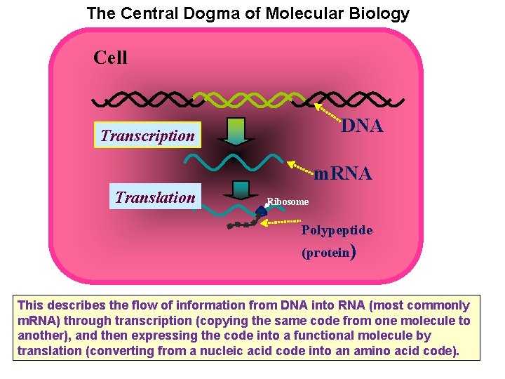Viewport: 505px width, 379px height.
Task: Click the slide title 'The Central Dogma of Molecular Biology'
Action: (x=248, y=13)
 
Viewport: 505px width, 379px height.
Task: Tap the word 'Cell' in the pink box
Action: (x=110, y=58)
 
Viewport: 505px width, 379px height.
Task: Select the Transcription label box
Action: (x=147, y=135)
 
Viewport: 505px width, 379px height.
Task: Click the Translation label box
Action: (x=155, y=197)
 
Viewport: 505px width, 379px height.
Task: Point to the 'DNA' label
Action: (x=362, y=126)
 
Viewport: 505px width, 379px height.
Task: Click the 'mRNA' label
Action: (x=342, y=173)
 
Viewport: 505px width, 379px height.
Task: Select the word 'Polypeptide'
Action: (x=337, y=230)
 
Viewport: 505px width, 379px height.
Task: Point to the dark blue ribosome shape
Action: (x=262, y=210)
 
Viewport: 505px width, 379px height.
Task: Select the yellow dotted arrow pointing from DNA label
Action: (x=327, y=112)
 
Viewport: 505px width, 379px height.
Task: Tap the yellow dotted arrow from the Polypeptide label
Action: (x=281, y=221)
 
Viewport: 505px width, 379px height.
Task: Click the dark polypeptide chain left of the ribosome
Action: (x=242, y=225)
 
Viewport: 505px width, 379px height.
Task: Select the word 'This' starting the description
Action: (x=30, y=305)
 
